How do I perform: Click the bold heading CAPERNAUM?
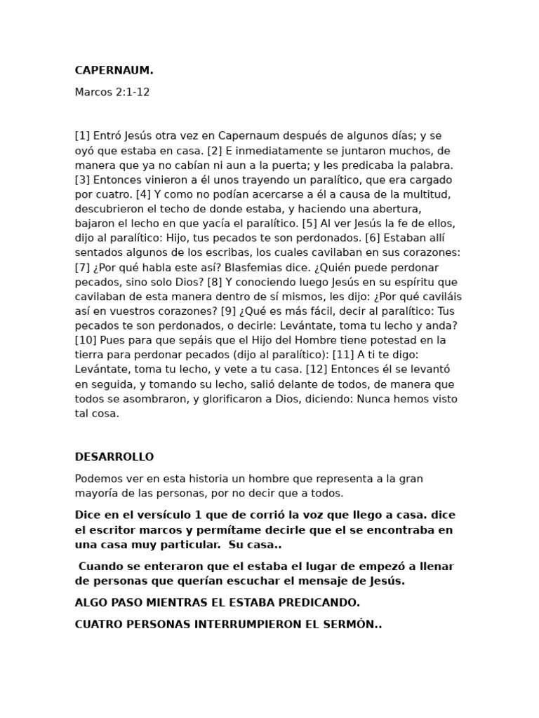pos(114,70)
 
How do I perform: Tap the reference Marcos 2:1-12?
pos(112,92)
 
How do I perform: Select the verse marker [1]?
pos(82,135)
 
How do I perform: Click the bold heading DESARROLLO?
pos(114,456)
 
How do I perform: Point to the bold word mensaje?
pos(329,581)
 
